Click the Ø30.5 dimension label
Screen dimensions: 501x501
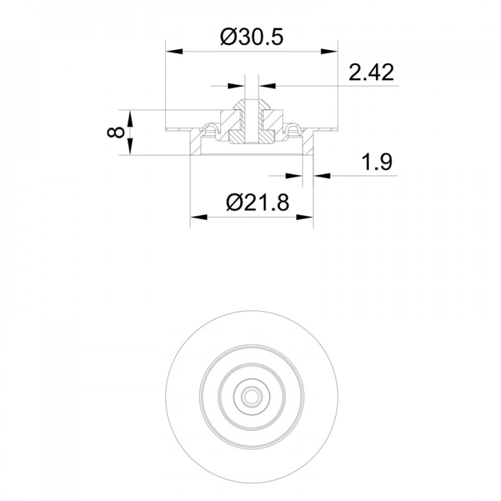[x=252, y=37]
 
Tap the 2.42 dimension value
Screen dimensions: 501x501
[x=371, y=72]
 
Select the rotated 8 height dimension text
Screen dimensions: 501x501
[x=116, y=132]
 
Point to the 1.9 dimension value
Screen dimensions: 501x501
[x=376, y=162]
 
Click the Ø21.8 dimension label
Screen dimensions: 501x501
[x=258, y=202]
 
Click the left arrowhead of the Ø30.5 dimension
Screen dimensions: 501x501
[x=174, y=51]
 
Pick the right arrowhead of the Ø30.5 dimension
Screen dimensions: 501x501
[x=329, y=51]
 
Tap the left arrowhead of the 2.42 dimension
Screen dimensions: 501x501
[x=236, y=86]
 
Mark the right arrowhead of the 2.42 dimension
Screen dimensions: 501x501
[x=267, y=86]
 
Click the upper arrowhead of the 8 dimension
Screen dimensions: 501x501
[x=130, y=119]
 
